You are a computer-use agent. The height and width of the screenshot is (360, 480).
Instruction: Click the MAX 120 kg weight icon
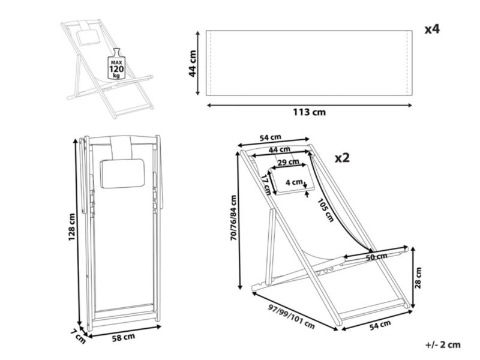point(116,64)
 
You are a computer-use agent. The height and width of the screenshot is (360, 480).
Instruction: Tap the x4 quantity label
point(432,29)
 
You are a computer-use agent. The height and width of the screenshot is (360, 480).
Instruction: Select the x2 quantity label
point(342,158)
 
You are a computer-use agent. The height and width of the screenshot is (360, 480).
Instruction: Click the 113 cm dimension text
point(309,112)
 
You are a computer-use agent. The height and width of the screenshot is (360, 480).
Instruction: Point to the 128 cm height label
point(71,227)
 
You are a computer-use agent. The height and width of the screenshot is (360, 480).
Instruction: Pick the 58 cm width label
point(124,338)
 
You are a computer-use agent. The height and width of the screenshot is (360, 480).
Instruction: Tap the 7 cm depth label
point(78,336)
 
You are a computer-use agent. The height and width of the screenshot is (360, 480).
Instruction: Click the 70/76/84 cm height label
point(233,217)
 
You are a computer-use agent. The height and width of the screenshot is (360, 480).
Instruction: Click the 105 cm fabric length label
point(325,209)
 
